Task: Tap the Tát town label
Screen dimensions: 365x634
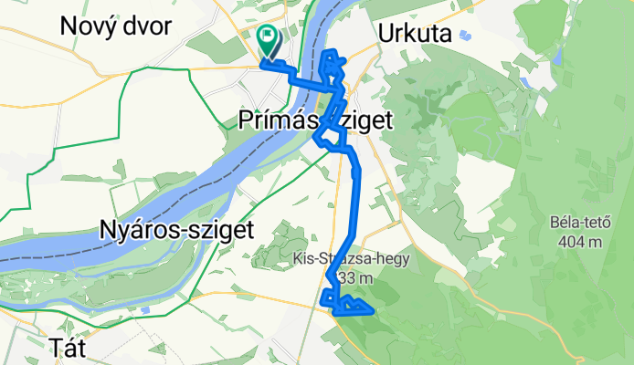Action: [67, 346]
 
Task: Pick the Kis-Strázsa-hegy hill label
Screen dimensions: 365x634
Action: [352, 258]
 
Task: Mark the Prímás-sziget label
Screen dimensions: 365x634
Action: [315, 120]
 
